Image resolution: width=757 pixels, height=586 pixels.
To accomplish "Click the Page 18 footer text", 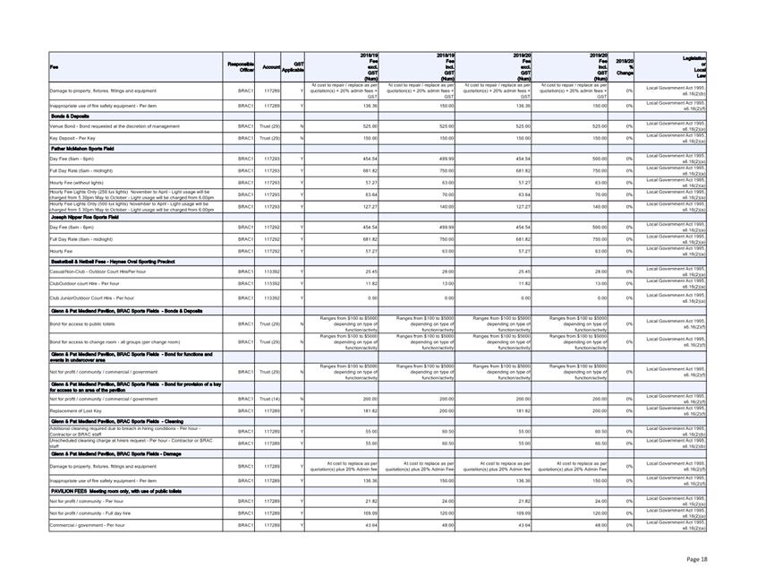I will [x=697, y=558].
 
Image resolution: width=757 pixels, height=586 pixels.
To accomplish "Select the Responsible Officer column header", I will [x=241, y=66].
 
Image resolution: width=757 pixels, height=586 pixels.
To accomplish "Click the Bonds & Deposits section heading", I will [x=72, y=116].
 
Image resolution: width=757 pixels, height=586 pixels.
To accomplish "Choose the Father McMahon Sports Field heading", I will [x=89, y=148].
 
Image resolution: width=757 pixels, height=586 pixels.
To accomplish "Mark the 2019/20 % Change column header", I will [x=625, y=66].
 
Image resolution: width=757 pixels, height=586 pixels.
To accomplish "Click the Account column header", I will [x=271, y=66].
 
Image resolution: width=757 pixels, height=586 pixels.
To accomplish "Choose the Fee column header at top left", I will [x=54, y=66].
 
